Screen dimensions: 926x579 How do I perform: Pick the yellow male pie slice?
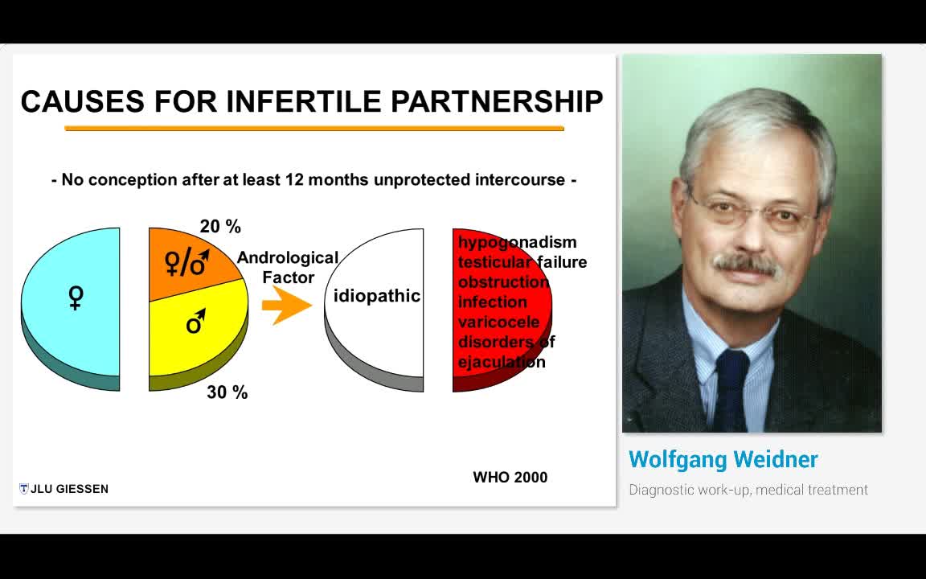coord(198,331)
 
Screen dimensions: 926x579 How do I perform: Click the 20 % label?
coord(220,226)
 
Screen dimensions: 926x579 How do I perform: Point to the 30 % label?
coord(227,392)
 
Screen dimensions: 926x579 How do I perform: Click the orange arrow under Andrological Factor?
coord(286,305)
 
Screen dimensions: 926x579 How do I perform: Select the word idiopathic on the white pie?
coord(377,295)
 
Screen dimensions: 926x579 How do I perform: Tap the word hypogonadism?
coord(518,242)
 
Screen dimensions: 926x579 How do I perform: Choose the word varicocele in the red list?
coord(499,322)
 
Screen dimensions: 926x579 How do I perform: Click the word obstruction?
coord(504,281)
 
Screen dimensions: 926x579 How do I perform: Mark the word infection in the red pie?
coord(493,302)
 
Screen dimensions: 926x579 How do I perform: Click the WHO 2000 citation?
coord(510,478)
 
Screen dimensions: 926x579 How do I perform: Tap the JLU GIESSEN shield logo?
coord(23,489)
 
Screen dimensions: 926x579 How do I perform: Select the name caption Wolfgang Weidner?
coord(723,460)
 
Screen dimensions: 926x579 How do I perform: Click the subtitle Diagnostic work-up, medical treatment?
coord(748,490)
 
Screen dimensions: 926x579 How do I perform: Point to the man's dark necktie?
coord(731,390)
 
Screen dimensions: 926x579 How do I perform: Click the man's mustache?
coord(745,264)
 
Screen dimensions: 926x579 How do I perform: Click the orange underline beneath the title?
coord(314,128)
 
